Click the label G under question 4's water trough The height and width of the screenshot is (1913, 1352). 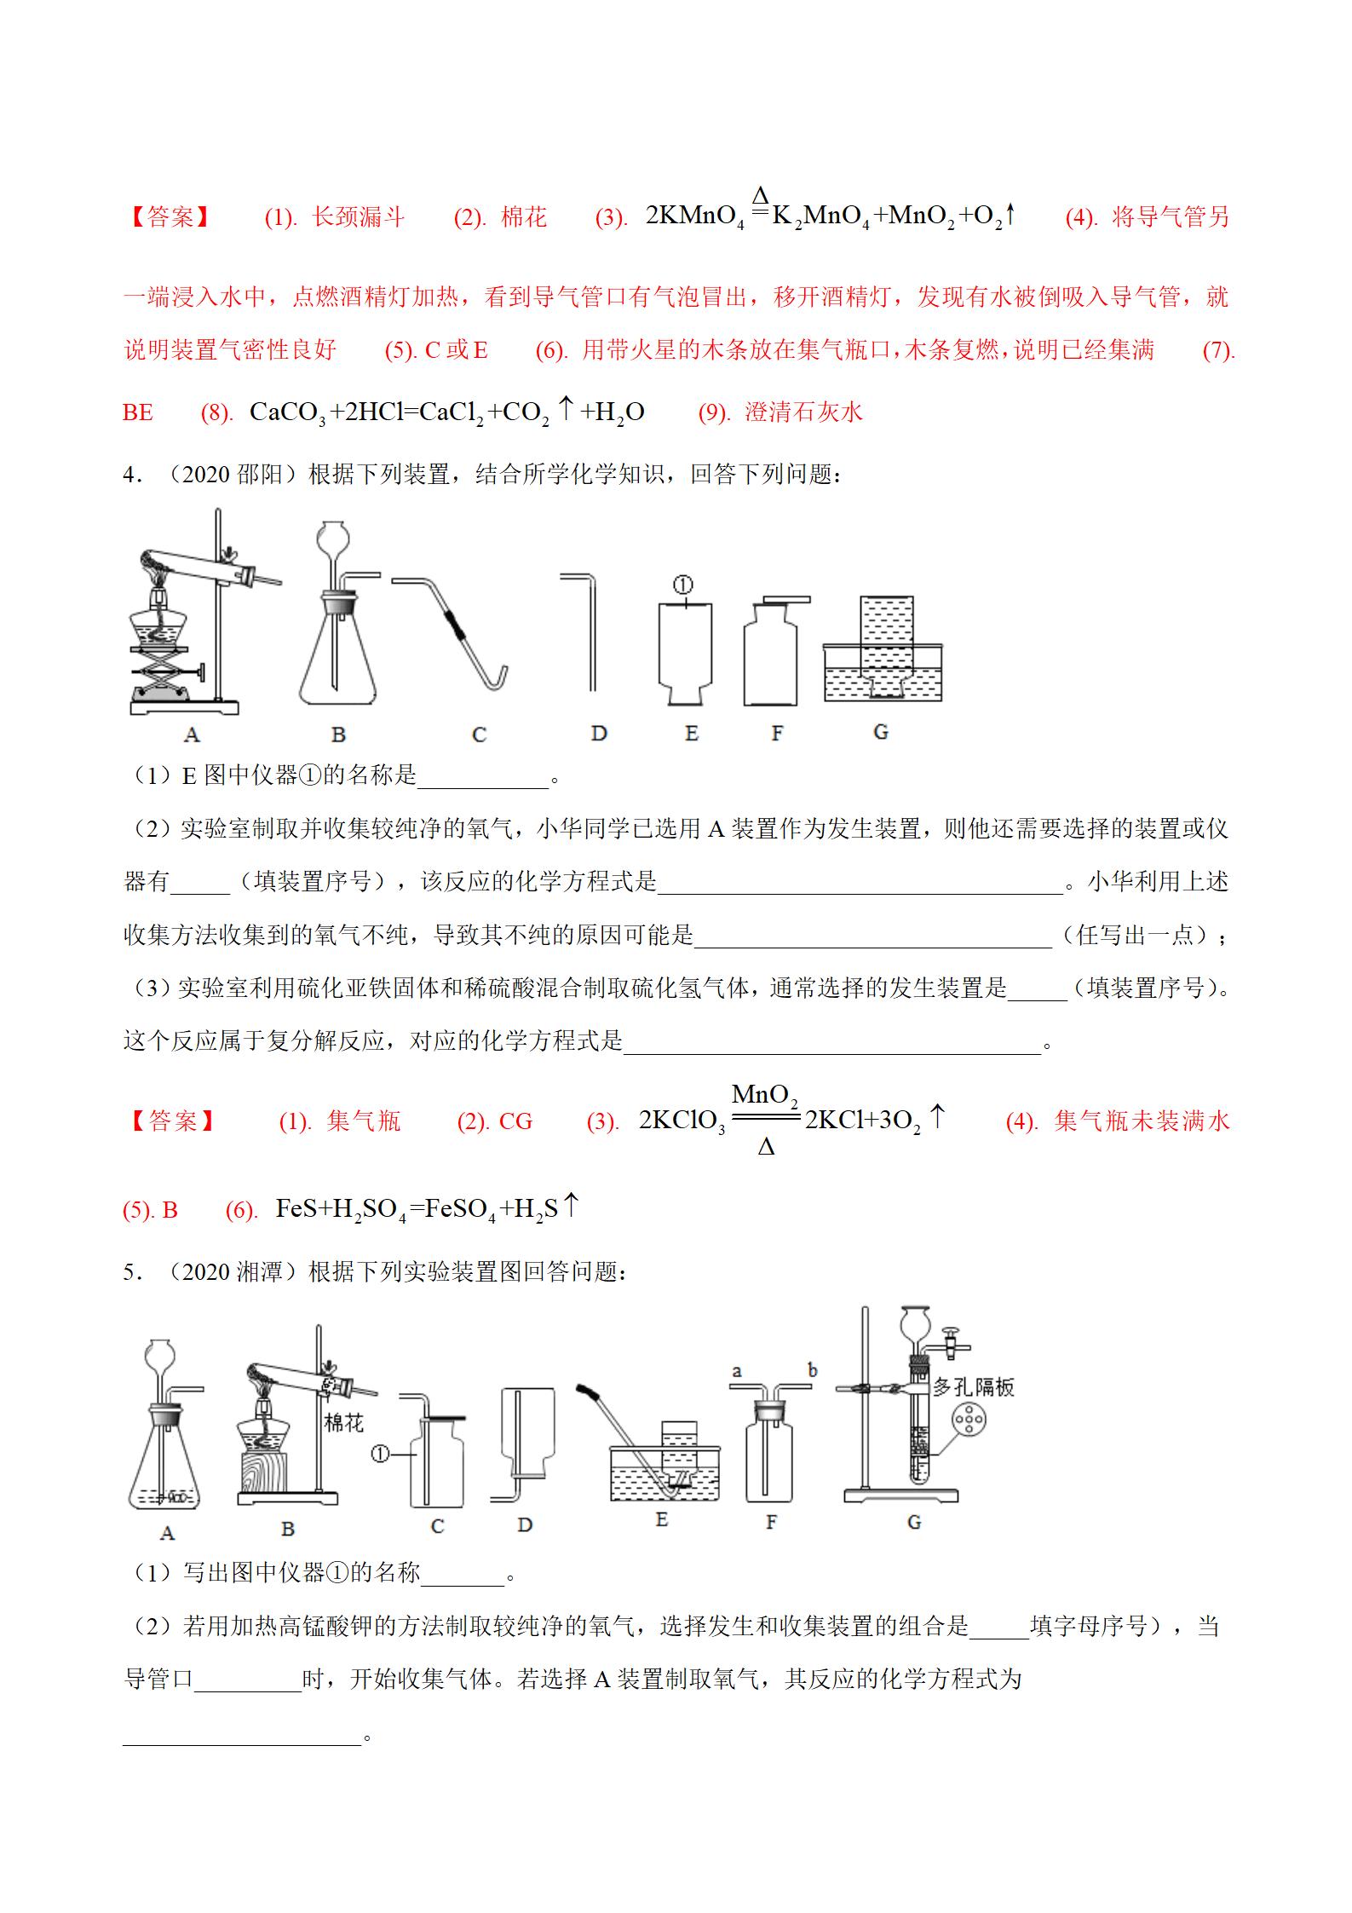[881, 731]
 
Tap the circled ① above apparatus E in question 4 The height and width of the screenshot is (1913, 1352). [682, 585]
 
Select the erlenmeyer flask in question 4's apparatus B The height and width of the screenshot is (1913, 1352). [337, 656]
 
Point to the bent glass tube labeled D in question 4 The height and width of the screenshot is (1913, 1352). [588, 631]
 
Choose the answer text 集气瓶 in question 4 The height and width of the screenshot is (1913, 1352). [364, 1121]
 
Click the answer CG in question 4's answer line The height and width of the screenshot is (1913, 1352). [515, 1121]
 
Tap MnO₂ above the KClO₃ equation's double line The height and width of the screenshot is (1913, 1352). [764, 1094]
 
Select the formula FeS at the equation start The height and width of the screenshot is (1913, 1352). [296, 1208]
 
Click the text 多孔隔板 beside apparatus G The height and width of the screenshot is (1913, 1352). [973, 1386]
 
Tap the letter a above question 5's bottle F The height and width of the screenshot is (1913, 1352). [737, 1371]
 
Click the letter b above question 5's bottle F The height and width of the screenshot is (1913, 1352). [812, 1370]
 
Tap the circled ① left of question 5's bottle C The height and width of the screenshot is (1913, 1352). [379, 1454]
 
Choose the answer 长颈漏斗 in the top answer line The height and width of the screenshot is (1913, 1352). [358, 217]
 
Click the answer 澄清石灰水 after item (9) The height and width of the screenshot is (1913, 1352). [803, 412]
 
